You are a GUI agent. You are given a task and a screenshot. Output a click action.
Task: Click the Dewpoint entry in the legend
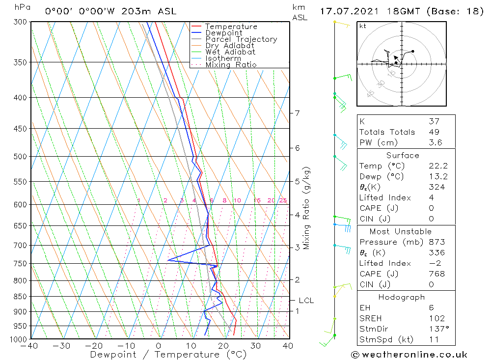223,33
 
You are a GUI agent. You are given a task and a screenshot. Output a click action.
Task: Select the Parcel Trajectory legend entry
241,39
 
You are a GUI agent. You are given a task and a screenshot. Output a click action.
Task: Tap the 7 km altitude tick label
297,113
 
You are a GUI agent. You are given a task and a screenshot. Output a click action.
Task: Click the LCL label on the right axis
306,301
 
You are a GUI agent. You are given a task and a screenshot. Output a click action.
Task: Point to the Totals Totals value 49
434,132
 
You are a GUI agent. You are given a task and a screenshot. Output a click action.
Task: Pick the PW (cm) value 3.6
436,142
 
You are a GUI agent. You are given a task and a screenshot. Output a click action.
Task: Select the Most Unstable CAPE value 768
436,274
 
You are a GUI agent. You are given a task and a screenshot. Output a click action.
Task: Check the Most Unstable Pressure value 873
436,242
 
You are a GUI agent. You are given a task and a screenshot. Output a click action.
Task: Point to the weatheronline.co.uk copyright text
409,354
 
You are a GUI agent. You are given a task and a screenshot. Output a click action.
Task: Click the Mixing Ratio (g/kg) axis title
307,208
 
